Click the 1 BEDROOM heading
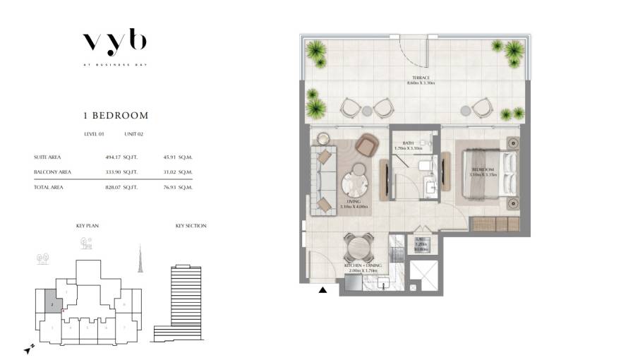[x=114, y=115]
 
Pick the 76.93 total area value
[x=167, y=187]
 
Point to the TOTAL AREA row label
[x=49, y=187]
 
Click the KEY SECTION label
[x=191, y=226]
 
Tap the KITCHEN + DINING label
[x=363, y=266]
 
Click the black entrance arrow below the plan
[x=322, y=289]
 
